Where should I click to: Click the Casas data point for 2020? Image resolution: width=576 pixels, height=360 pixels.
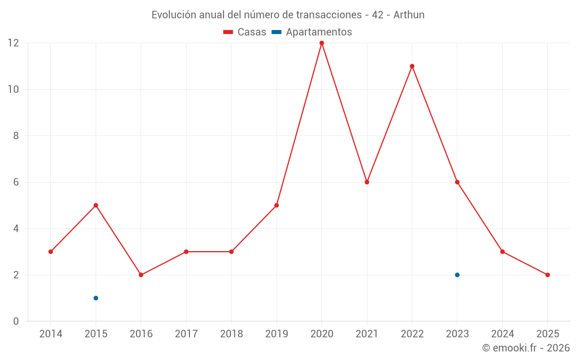tap(321, 43)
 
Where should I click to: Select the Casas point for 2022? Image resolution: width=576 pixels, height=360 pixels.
tap(412, 66)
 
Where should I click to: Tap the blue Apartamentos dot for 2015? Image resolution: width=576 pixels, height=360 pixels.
tap(96, 298)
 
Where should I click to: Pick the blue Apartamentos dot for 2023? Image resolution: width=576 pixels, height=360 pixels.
tap(457, 275)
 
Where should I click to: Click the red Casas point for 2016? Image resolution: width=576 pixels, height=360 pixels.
tap(141, 275)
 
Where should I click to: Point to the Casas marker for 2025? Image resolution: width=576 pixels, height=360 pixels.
tap(547, 275)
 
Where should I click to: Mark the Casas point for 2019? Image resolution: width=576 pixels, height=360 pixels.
tap(276, 205)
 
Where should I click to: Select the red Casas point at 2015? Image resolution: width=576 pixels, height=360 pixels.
tap(96, 205)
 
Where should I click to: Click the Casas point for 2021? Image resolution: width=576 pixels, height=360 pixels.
tap(367, 182)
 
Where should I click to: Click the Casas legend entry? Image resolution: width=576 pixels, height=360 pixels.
tap(245, 32)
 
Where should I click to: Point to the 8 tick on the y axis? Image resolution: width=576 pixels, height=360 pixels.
tap(16, 136)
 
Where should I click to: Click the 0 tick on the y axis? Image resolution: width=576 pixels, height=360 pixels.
tap(16, 321)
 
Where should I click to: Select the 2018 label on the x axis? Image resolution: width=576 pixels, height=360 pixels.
tap(231, 334)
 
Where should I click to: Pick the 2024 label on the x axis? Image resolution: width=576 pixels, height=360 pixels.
tap(502, 334)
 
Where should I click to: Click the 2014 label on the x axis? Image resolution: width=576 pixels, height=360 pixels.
tap(51, 334)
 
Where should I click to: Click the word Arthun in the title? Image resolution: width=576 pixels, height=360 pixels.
tap(409, 15)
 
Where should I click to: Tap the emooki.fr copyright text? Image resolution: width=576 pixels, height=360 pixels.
tap(525, 348)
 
